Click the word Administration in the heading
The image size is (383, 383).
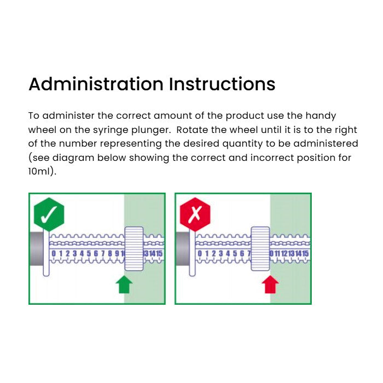(96, 84)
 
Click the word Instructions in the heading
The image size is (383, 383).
(222, 84)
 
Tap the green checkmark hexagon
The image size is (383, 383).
(49, 214)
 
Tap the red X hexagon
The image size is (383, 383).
(195, 214)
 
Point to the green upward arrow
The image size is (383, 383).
(124, 285)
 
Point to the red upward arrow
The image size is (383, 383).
(270, 285)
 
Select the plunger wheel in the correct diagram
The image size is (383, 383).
(134, 248)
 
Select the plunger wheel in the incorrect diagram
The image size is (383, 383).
(260, 248)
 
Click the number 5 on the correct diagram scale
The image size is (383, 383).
(89, 253)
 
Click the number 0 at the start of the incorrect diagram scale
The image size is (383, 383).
(200, 253)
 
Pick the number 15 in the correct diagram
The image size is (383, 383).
(159, 253)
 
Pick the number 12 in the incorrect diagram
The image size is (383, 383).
(285, 253)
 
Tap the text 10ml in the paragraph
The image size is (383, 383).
(41, 171)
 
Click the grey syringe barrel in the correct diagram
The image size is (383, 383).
(36, 248)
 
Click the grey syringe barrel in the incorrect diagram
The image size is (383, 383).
(182, 248)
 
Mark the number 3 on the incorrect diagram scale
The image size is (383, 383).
(221, 253)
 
